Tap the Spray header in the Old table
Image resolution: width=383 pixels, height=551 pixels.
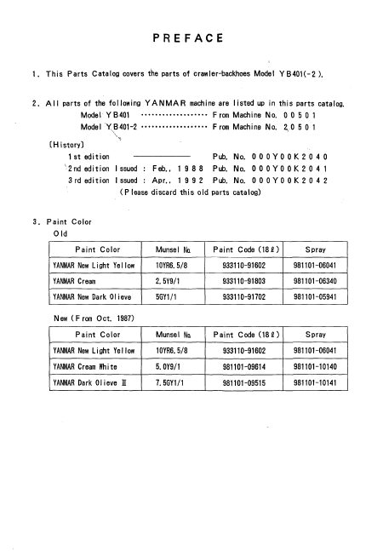317,250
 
